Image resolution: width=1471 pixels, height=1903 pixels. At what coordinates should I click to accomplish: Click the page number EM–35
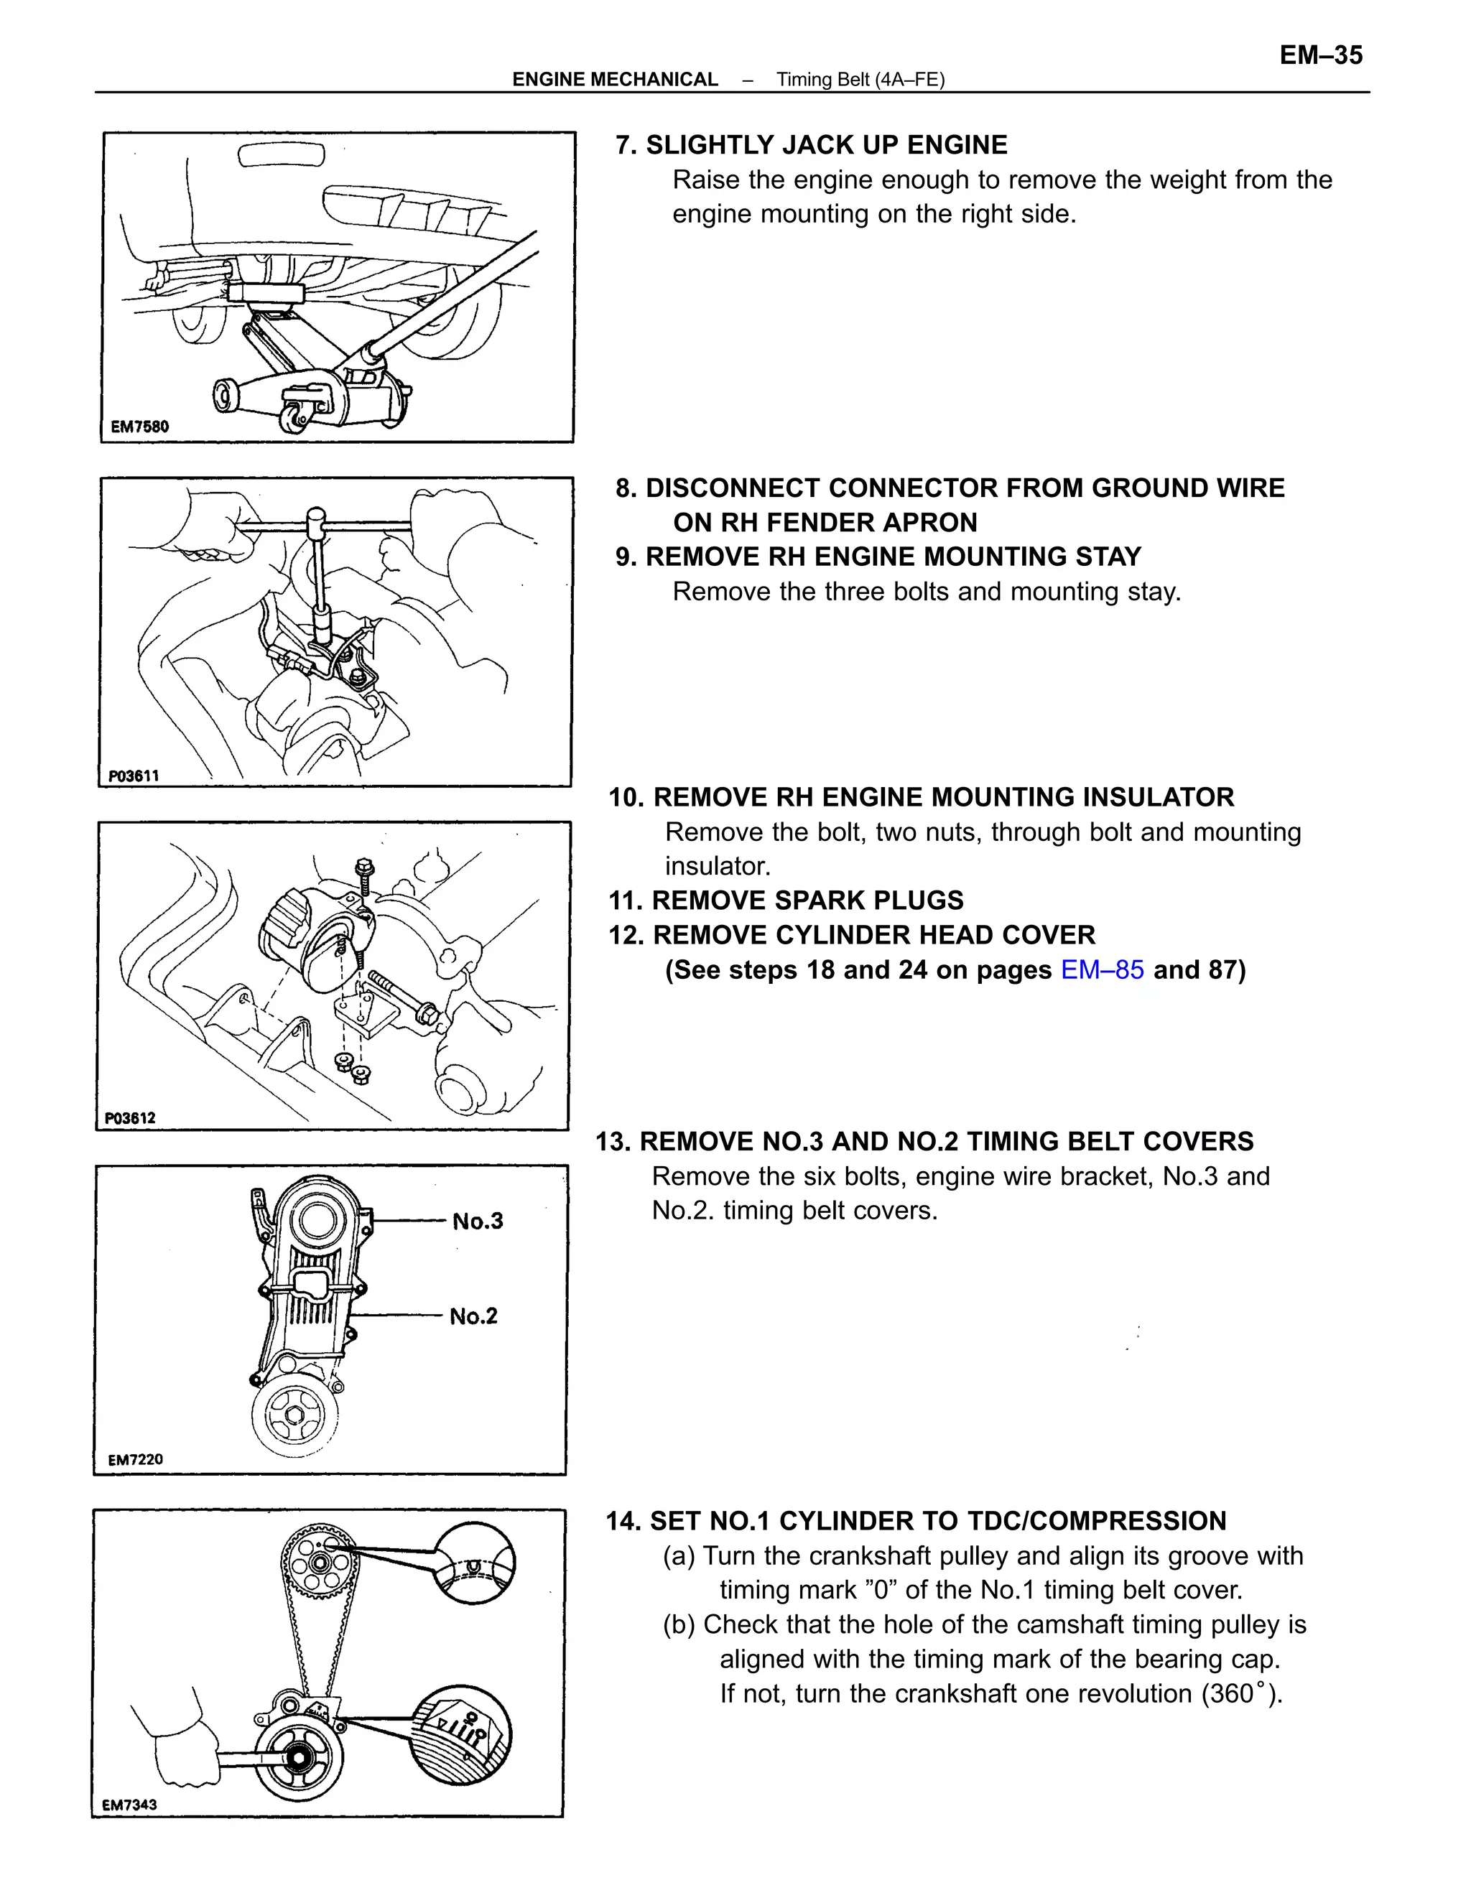[x=1320, y=56]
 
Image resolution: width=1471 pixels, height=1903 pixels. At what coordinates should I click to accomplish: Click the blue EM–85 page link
[x=1102, y=969]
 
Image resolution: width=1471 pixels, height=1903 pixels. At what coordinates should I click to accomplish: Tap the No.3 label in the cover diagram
[x=478, y=1221]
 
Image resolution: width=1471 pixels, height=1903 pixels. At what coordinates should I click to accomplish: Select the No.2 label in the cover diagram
[x=473, y=1316]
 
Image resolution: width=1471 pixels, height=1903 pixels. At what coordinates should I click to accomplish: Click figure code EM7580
[x=139, y=426]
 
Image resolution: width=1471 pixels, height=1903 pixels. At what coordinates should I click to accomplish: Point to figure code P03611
[x=134, y=776]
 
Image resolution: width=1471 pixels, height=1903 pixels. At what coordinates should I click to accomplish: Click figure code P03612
[x=130, y=1118]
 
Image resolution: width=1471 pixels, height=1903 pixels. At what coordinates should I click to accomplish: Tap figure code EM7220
[x=135, y=1459]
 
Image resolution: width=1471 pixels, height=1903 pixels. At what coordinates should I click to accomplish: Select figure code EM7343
[x=129, y=1805]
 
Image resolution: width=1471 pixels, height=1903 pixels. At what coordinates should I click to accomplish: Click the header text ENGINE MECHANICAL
[x=614, y=79]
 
